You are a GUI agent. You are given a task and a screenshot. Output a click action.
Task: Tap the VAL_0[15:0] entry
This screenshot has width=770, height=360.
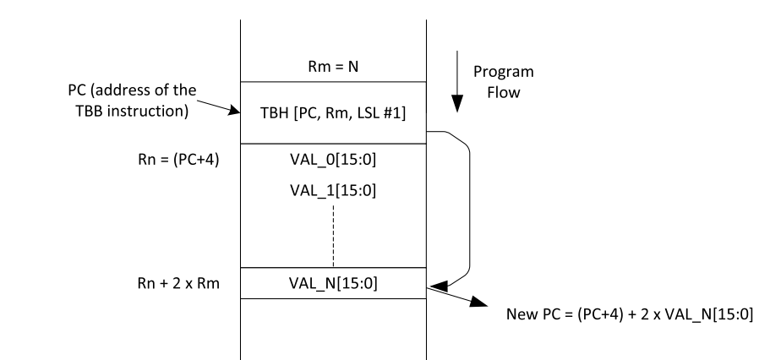point(333,158)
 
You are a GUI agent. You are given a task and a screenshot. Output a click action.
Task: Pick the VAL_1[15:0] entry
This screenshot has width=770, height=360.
point(333,190)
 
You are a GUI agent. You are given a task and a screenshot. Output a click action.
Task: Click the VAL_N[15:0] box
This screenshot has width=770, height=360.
point(333,283)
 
